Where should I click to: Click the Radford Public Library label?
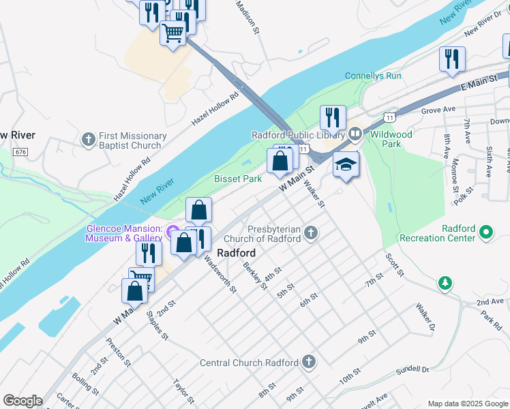pos(298,134)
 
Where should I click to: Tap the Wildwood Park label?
pos(391,139)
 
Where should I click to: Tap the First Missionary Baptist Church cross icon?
pos(88,140)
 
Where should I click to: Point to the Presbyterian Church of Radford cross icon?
pos(311,234)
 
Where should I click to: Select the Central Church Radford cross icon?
pos(309,362)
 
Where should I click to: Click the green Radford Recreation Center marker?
pos(486,233)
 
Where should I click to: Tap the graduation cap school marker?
pos(346,164)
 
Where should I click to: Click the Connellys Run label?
pos(373,76)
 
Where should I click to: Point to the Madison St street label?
pos(247,17)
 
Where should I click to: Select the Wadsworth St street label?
pos(220,275)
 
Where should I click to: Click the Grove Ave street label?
pos(438,109)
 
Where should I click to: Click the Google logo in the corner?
pos(22,401)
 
